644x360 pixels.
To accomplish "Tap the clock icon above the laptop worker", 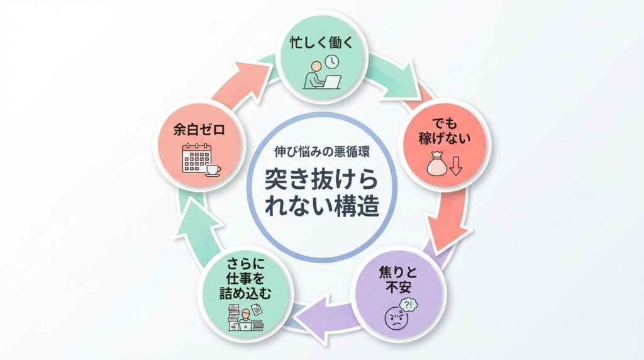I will point(331,61).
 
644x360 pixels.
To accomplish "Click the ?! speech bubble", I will point(409,305).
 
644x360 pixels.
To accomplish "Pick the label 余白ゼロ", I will point(199,131).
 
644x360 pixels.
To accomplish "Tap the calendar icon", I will point(193,159).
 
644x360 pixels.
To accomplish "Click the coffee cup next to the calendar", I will point(212,170).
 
